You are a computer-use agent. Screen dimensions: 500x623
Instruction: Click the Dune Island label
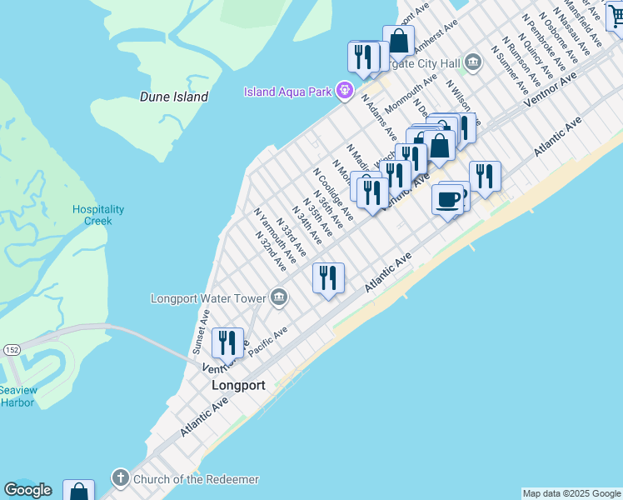coord(173,97)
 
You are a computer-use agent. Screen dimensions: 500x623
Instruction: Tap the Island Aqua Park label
coord(288,91)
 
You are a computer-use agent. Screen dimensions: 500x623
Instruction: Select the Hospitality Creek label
coord(98,215)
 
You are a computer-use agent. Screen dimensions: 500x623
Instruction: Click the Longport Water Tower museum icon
coord(279,297)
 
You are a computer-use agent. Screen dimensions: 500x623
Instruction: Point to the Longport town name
coord(238,386)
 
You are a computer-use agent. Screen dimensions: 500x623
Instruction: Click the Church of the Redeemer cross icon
coord(120,479)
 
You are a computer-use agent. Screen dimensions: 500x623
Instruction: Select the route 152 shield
coord(11,349)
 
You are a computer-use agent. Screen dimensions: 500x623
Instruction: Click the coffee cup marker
coord(449,201)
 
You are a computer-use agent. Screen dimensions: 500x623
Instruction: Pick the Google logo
coord(27,490)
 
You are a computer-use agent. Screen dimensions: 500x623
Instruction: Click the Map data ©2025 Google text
coord(571,493)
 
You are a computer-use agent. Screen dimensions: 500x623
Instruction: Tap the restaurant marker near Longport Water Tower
coord(328,277)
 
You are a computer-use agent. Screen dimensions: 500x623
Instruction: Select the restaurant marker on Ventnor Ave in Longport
coord(227,342)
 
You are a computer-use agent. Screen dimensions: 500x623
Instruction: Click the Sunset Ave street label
coord(201,327)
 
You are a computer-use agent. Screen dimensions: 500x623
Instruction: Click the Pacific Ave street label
coord(268,342)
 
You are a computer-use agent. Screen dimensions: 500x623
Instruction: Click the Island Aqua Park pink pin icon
coord(341,90)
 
